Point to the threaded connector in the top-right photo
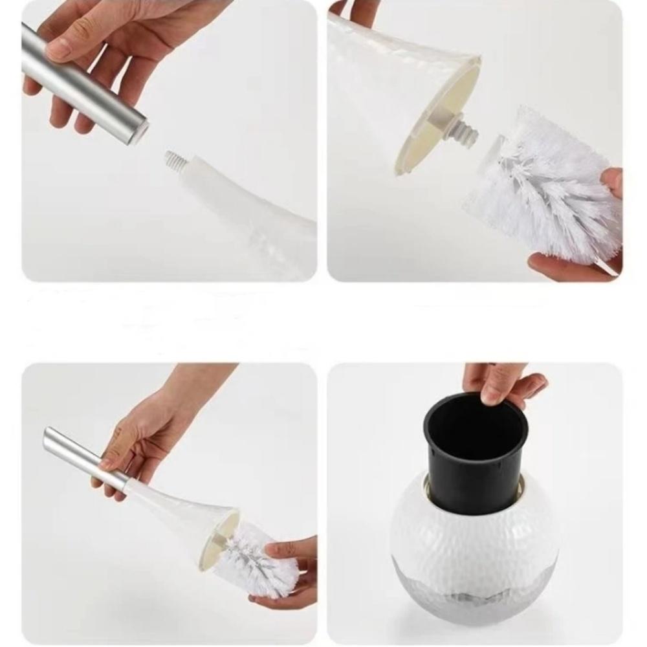[x=463, y=129]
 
